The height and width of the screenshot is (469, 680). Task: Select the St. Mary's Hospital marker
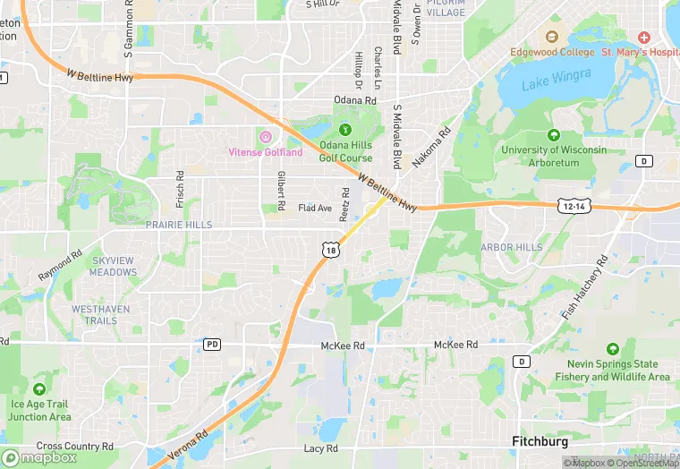click(643, 38)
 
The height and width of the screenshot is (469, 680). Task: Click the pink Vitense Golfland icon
click(265, 136)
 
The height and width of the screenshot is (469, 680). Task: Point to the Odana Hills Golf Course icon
click(345, 132)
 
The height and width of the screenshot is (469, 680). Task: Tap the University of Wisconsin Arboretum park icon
click(553, 135)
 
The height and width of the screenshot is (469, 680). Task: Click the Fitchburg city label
click(540, 441)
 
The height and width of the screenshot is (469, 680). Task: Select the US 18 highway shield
click(332, 251)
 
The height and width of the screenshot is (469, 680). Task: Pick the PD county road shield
click(212, 344)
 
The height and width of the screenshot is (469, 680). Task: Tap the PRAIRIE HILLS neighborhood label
click(180, 225)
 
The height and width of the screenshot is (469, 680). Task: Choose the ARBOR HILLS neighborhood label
click(512, 247)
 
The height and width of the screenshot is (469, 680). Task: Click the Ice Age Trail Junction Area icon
click(39, 390)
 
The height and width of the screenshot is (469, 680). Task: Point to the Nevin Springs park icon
click(612, 349)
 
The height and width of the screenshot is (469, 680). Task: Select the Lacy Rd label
click(320, 448)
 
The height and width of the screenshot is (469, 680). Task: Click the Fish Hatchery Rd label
click(584, 286)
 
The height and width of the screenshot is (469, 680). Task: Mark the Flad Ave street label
click(315, 208)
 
